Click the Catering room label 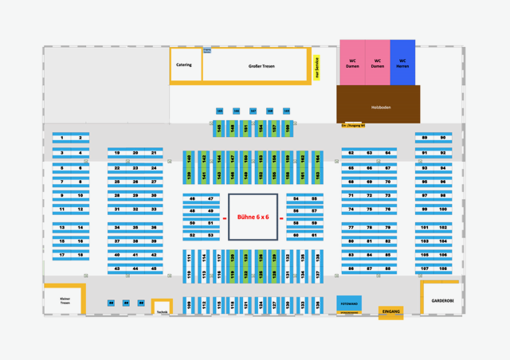pyautogui.click(x=184, y=65)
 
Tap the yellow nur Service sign pyautogui.click(x=316, y=68)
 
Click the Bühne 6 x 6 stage pyautogui.click(x=253, y=217)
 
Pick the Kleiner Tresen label pyautogui.click(x=65, y=300)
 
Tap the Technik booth pyautogui.click(x=162, y=310)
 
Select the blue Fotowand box pyautogui.click(x=348, y=303)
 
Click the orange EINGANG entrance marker pyautogui.click(x=390, y=312)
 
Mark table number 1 pyautogui.click(x=61, y=138)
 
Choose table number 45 pyautogui.click(x=154, y=268)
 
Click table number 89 pyautogui.click(x=425, y=138)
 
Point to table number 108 pyautogui.click(x=443, y=268)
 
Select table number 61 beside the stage pyautogui.click(x=314, y=235)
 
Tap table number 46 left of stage pyautogui.click(x=192, y=198)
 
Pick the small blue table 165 pyautogui.click(x=220, y=111)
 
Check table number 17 pyautogui.click(x=61, y=255)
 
